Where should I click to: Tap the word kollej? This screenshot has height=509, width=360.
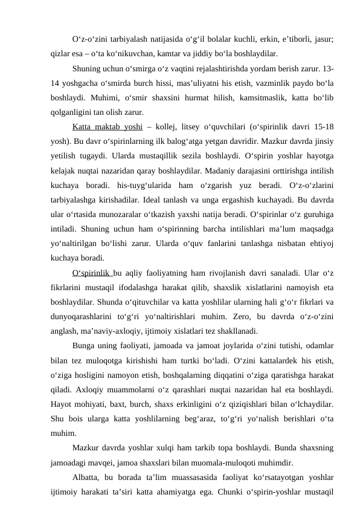click(x=164, y=126)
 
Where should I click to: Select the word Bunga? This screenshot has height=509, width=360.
click(x=85, y=346)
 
